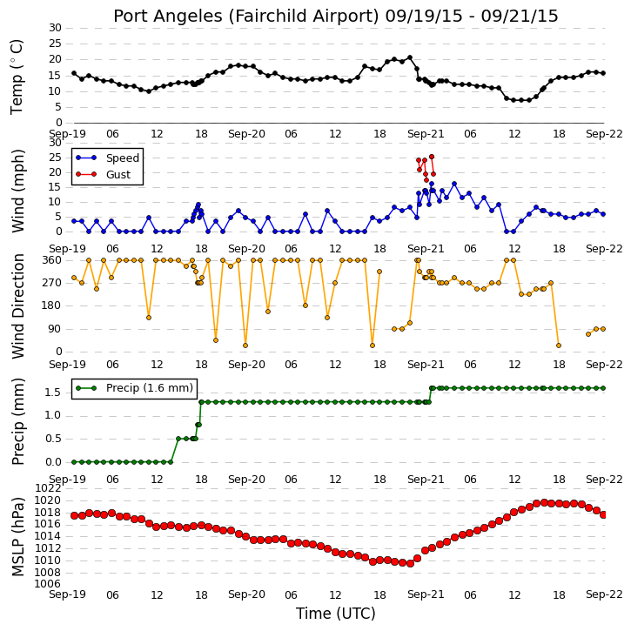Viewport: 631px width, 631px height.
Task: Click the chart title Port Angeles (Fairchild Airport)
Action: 246,17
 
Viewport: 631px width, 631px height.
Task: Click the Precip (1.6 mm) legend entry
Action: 134,388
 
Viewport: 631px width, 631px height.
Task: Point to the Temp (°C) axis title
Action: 17,77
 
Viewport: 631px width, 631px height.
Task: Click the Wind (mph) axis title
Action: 17,191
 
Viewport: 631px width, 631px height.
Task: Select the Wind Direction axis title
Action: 17,306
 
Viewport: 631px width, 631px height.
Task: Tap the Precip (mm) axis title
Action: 17,422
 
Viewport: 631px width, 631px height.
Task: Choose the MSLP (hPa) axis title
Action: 17,537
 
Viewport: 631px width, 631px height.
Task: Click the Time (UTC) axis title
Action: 336,614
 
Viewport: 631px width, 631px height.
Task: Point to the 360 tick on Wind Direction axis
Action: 52,260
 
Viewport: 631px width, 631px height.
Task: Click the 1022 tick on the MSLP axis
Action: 48,488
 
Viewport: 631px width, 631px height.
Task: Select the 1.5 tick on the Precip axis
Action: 53,393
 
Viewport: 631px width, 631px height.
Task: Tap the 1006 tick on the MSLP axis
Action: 48,584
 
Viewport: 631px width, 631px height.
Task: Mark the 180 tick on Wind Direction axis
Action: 52,305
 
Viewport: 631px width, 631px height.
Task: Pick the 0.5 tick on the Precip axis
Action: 53,439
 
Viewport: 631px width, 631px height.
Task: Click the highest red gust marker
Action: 432,157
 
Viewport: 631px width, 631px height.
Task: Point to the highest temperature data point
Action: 410,57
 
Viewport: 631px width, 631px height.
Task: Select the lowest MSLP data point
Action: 410,563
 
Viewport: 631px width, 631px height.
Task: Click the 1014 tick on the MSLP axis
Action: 48,536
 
